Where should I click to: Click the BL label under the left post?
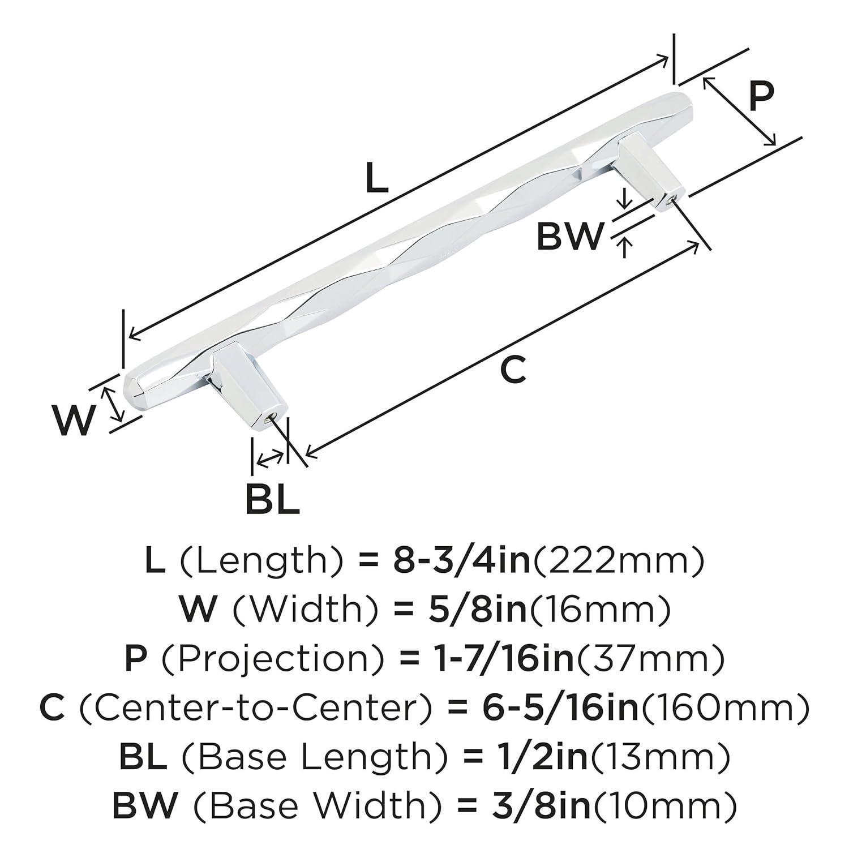272,498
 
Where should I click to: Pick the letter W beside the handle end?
73,420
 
